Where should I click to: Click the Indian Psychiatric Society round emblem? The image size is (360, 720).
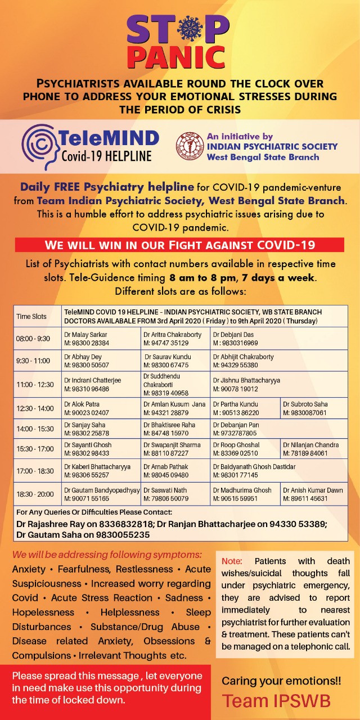(188, 147)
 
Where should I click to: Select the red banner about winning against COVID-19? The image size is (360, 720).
(179, 245)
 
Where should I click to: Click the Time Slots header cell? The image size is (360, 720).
(31, 316)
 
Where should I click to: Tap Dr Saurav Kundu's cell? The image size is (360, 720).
(175, 361)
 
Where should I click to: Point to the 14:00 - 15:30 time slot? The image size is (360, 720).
(35, 429)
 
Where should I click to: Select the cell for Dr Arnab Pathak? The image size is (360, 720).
(175, 470)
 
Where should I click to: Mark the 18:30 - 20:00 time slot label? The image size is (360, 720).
(35, 494)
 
